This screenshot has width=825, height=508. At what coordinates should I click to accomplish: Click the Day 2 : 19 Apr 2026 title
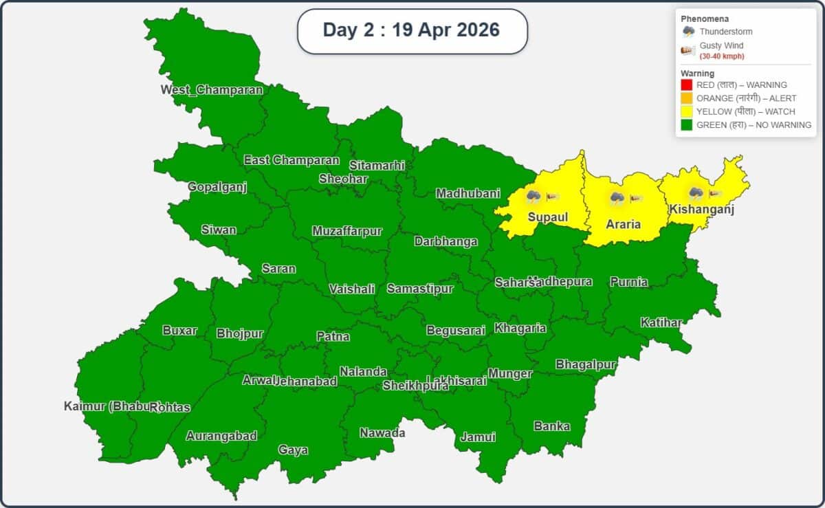pyautogui.click(x=411, y=30)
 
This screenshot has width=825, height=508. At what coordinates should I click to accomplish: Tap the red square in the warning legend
pyautogui.click(x=686, y=85)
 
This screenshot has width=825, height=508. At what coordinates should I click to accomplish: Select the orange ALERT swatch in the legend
pyautogui.click(x=686, y=98)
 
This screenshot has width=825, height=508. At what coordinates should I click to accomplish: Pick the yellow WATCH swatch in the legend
pyautogui.click(x=686, y=111)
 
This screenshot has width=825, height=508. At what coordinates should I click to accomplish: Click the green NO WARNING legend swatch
pyautogui.click(x=686, y=125)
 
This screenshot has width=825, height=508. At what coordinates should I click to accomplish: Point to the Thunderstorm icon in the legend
pyautogui.click(x=688, y=32)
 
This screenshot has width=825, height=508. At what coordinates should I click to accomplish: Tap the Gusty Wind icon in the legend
pyautogui.click(x=688, y=49)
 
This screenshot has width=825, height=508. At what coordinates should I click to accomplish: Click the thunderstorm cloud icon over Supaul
pyautogui.click(x=533, y=197)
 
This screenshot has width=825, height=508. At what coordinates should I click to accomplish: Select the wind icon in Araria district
pyautogui.click(x=636, y=199)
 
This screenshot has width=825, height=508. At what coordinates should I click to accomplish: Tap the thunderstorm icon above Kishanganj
pyautogui.click(x=695, y=194)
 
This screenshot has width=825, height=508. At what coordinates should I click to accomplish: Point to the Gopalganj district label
pyautogui.click(x=217, y=187)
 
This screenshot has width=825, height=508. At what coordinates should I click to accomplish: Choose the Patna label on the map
pyautogui.click(x=333, y=336)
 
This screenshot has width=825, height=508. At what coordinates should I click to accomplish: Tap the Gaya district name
pyautogui.click(x=293, y=450)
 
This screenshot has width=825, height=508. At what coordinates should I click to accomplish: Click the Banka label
pyautogui.click(x=552, y=426)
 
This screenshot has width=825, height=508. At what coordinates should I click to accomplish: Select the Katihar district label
pyautogui.click(x=661, y=322)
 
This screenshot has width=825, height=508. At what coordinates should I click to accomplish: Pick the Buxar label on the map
pyautogui.click(x=179, y=330)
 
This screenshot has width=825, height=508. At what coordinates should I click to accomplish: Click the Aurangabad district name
pyautogui.click(x=221, y=436)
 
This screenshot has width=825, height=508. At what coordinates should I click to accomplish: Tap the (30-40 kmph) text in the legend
pyautogui.click(x=722, y=56)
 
